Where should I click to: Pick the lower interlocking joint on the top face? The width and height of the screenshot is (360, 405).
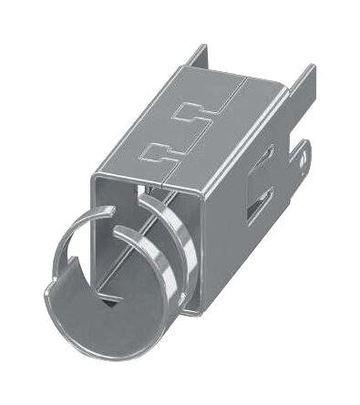[x=161, y=151]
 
